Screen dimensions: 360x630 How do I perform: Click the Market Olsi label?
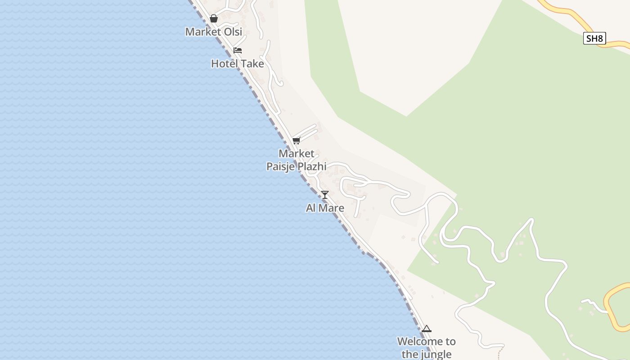[x=214, y=32]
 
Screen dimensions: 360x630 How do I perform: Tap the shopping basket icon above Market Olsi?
[x=214, y=18]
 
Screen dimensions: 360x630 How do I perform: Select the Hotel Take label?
[x=238, y=64]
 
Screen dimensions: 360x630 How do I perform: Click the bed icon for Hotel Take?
[x=238, y=50]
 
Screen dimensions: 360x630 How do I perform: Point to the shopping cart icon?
[x=296, y=140]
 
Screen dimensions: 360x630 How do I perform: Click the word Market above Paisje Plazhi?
[x=297, y=153]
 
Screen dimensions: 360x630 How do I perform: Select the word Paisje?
[x=280, y=166]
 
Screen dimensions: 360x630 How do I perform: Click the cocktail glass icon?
[x=325, y=195]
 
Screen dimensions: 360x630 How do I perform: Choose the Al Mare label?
[x=325, y=208]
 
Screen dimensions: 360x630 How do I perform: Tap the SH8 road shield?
[x=594, y=39]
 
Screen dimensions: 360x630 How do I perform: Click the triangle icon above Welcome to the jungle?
[x=427, y=328]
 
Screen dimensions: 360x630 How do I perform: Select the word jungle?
[x=436, y=355]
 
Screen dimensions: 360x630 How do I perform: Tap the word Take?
[x=252, y=64]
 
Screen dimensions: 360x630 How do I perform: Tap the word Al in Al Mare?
[x=311, y=208]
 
